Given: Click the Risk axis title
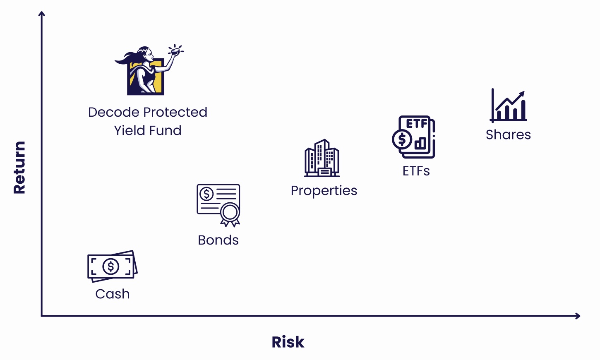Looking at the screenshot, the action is click(288, 342).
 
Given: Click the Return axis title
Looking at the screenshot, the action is click(19, 168).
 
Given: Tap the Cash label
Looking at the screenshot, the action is click(113, 294).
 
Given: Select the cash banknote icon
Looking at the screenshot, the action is click(113, 266).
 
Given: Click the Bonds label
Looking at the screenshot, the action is click(218, 240).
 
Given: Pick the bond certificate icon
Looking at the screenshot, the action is click(218, 205).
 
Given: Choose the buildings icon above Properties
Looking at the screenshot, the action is click(322, 158).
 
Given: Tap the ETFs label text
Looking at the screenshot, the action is click(416, 171).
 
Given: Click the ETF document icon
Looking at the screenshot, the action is click(413, 137).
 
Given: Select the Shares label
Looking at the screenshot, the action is click(509, 134).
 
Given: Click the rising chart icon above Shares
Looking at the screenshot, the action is click(509, 105).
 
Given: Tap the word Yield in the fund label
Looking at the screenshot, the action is click(130, 130).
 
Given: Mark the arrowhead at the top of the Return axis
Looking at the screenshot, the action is click(41, 13).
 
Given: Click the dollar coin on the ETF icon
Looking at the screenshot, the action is click(402, 139).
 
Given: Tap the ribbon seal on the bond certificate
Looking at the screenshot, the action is click(230, 215).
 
